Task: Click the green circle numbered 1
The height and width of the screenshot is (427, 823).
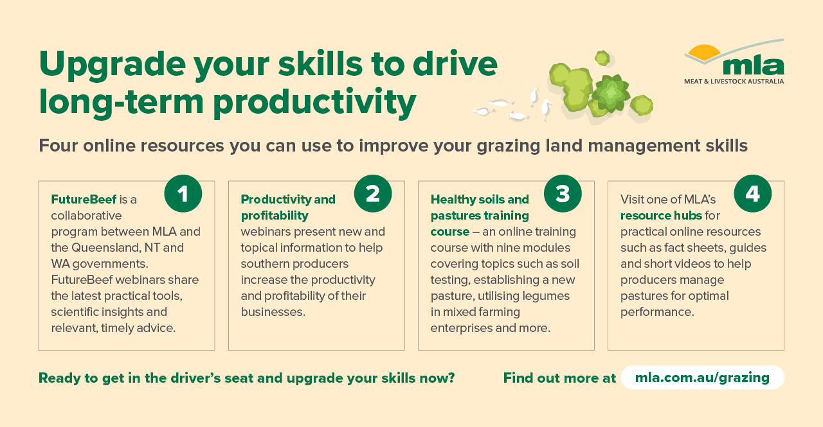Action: (183, 193)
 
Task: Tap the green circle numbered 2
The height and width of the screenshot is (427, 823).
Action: (373, 193)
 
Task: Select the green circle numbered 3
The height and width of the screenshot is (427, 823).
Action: (563, 193)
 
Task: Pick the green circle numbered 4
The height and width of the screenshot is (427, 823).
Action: (752, 193)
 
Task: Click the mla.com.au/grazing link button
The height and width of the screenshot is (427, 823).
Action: (703, 378)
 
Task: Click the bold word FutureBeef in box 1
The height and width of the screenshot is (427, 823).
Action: (84, 199)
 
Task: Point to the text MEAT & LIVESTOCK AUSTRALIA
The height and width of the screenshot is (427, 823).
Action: (734, 81)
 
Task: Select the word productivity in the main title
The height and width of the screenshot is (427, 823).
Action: (314, 103)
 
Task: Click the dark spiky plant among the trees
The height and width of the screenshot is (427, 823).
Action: (610, 93)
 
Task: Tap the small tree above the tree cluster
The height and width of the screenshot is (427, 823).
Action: (602, 58)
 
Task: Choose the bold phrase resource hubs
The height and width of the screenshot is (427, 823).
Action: (661, 215)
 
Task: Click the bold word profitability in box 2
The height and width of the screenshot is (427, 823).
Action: (275, 216)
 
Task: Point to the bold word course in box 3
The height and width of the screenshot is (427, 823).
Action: (449, 232)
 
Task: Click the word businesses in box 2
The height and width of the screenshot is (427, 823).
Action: (273, 312)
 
